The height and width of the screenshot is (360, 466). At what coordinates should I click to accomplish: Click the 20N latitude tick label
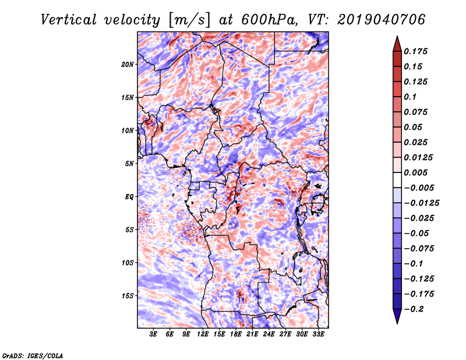(x=128, y=64)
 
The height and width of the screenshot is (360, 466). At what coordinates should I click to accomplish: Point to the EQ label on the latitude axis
(x=129, y=197)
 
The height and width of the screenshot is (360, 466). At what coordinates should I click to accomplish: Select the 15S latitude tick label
(x=128, y=296)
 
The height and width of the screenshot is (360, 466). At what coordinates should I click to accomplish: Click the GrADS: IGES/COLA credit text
(x=32, y=355)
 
